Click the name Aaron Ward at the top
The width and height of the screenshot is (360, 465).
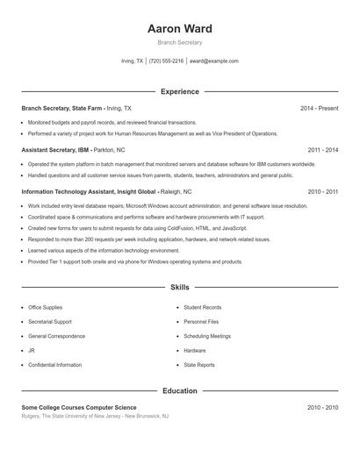(180, 28)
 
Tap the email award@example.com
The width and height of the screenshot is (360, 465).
(213, 61)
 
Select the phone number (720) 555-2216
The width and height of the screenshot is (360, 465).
(166, 61)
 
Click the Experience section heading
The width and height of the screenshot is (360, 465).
(180, 91)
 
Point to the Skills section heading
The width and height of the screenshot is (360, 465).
(180, 287)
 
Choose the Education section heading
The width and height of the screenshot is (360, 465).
(180, 390)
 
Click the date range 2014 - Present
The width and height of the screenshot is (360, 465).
(319, 108)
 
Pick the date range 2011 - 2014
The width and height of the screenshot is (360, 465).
(322, 150)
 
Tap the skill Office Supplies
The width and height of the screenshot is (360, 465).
(46, 308)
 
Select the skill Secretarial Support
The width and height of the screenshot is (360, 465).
(50, 322)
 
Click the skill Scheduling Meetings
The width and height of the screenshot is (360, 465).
(207, 336)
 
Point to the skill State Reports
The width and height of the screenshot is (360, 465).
(199, 364)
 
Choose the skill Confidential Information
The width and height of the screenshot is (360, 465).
(54, 364)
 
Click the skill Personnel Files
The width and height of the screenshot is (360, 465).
(201, 322)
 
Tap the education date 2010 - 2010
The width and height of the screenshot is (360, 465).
(322, 407)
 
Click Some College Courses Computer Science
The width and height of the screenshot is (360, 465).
(78, 407)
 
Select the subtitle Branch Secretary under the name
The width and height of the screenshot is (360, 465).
(180, 42)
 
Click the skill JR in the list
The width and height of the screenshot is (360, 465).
(32, 350)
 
